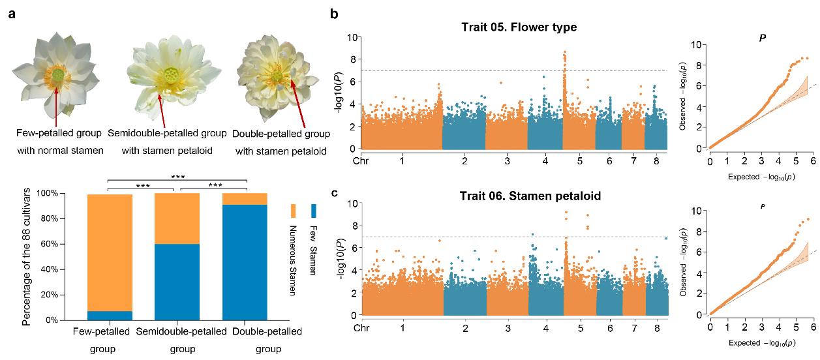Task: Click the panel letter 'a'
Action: pyautogui.click(x=12, y=13)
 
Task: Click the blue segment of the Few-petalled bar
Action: pyautogui.click(x=110, y=316)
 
